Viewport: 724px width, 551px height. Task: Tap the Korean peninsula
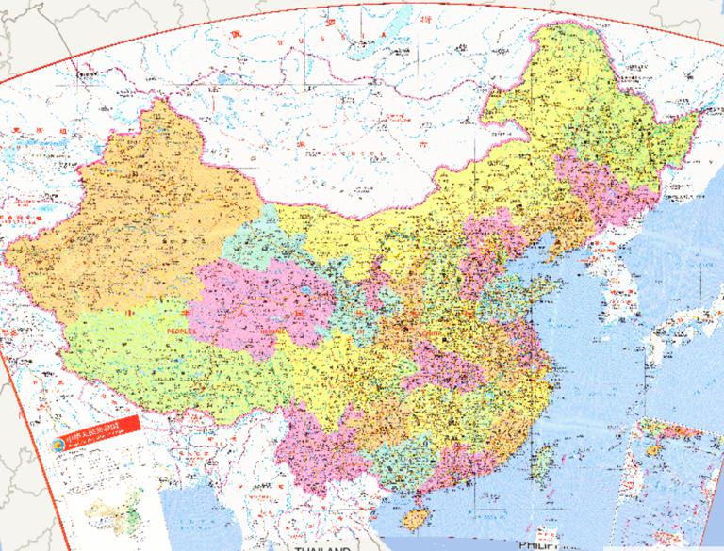click(613, 273)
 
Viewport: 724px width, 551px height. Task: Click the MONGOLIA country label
click(358, 155)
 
